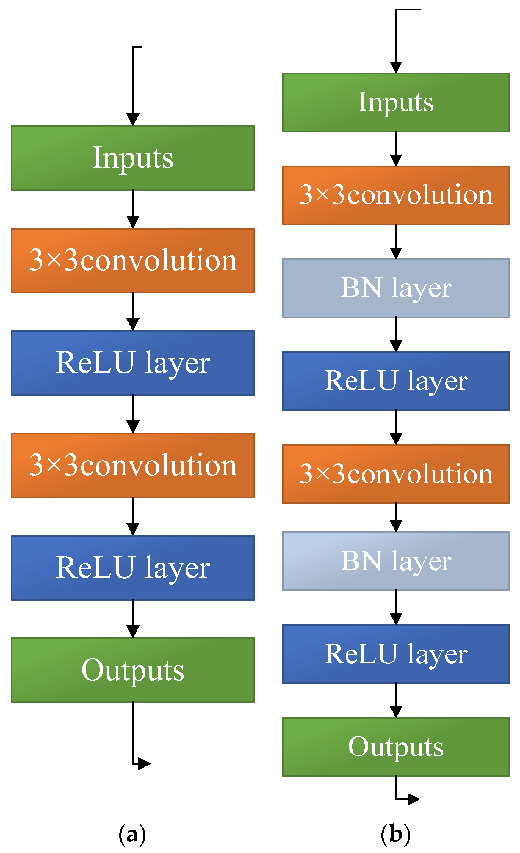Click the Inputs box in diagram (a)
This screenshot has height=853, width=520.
click(x=133, y=158)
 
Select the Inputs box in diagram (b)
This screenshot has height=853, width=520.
click(x=396, y=103)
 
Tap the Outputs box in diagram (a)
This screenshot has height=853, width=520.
click(x=133, y=670)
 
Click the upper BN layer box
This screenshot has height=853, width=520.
click(x=396, y=288)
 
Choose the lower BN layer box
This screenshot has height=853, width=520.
click(x=396, y=561)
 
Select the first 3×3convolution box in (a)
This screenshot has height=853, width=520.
click(x=133, y=260)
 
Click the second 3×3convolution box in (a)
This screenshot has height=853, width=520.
click(x=133, y=465)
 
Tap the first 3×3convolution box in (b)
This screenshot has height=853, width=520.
click(x=396, y=195)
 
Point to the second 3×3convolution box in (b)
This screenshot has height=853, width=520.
click(x=396, y=474)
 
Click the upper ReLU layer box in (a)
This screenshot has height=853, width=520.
click(x=133, y=363)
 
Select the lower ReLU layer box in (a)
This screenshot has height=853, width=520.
click(x=133, y=568)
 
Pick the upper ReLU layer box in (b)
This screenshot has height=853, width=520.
click(x=396, y=381)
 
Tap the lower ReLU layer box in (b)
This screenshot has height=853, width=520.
click(x=396, y=654)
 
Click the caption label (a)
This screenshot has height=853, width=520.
click(x=132, y=834)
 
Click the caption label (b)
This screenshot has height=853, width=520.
click(x=396, y=834)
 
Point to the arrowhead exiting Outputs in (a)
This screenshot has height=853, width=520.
click(x=144, y=763)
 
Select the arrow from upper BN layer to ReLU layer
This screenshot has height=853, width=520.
click(x=396, y=334)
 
